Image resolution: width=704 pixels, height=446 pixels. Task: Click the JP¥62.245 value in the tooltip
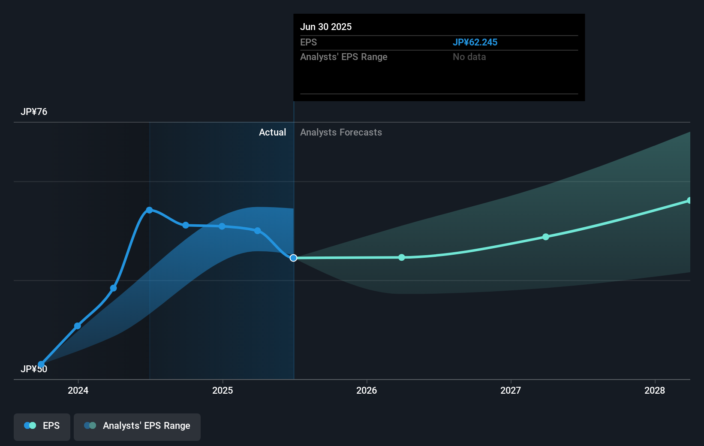click(475, 42)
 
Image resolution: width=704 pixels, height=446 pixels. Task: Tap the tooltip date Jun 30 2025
click(326, 27)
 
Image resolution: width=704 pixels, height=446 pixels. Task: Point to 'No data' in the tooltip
click(469, 57)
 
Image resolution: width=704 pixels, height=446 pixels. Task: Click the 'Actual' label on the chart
click(272, 133)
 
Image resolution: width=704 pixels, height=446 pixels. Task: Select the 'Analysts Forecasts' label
click(341, 133)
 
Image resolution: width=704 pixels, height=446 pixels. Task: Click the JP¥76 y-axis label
click(34, 112)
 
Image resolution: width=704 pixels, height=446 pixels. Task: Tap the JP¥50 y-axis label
click(34, 369)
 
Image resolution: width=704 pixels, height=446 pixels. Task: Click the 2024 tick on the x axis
click(78, 390)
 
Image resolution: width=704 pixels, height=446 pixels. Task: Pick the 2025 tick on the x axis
click(223, 390)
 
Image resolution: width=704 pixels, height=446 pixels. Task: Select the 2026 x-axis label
click(367, 390)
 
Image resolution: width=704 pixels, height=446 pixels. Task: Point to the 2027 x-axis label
click(511, 390)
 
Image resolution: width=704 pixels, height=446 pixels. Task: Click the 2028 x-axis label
click(655, 390)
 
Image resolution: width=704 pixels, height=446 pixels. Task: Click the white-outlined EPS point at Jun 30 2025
click(293, 258)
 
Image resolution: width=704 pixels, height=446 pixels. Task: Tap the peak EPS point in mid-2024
click(149, 210)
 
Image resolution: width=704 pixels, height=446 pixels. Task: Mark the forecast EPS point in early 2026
click(402, 257)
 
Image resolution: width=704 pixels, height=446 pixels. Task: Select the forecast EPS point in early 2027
click(546, 237)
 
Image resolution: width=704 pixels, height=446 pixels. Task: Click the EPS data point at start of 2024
click(78, 326)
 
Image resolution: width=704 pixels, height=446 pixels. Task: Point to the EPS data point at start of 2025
click(222, 226)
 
